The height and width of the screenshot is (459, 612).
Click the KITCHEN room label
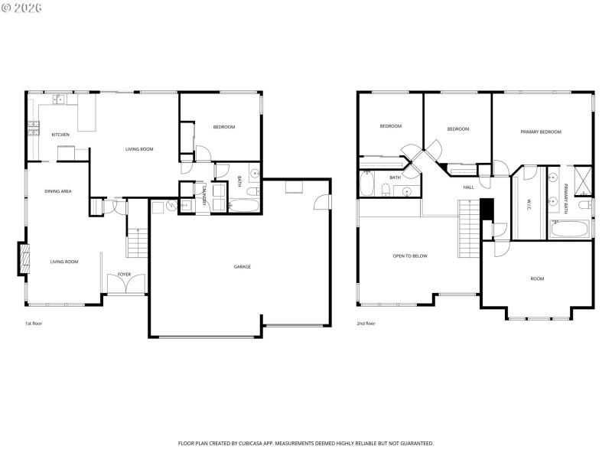coord(60,135)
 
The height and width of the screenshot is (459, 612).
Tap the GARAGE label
coord(243,267)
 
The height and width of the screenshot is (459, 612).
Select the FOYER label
coord(124,274)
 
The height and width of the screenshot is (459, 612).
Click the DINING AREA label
coord(57,190)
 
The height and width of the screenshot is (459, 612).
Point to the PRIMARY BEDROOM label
coord(541,132)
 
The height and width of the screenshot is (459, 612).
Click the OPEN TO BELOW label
coord(410,256)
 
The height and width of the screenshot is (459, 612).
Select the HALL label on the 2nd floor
coord(468,187)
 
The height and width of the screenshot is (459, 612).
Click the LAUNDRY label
coord(204,196)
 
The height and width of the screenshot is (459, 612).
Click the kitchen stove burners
coord(33,129)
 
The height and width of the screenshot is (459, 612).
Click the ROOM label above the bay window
coord(537,278)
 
